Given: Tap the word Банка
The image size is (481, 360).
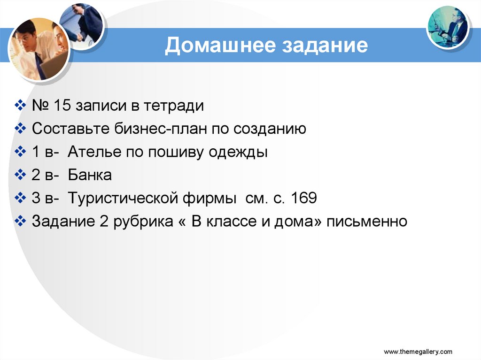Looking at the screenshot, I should point(90,175).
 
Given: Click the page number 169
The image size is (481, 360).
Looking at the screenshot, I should point(304,198).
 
